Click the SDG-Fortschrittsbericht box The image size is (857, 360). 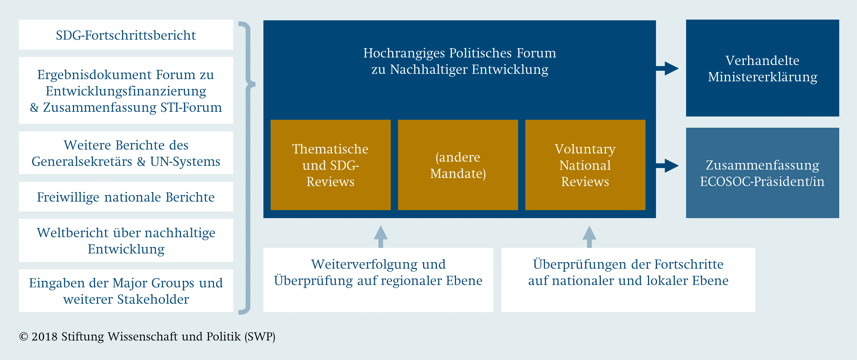click(126, 35)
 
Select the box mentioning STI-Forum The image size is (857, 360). click(126, 90)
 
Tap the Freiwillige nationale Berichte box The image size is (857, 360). click(126, 197)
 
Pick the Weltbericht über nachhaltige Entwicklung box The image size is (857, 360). click(126, 240)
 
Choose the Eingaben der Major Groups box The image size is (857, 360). click(126, 291)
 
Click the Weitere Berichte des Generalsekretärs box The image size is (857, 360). click(126, 153)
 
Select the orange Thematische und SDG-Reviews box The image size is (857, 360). click(331, 165)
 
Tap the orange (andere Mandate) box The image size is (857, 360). click(458, 165)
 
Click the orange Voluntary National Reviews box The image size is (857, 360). click(585, 165)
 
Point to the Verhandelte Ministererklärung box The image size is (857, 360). click(763, 68)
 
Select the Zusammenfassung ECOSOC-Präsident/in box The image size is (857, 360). click(763, 173)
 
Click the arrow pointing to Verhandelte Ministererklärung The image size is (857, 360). click(667, 68)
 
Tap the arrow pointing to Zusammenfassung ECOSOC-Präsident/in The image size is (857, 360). click(667, 166)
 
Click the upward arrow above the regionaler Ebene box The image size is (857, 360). click(381, 237)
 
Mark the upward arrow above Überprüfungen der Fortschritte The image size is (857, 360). click(589, 237)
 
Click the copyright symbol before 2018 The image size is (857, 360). click(24, 337)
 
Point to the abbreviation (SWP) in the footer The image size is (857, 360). click(260, 337)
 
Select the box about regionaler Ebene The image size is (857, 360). click(378, 280)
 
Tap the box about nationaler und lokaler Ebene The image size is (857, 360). click(628, 280)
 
